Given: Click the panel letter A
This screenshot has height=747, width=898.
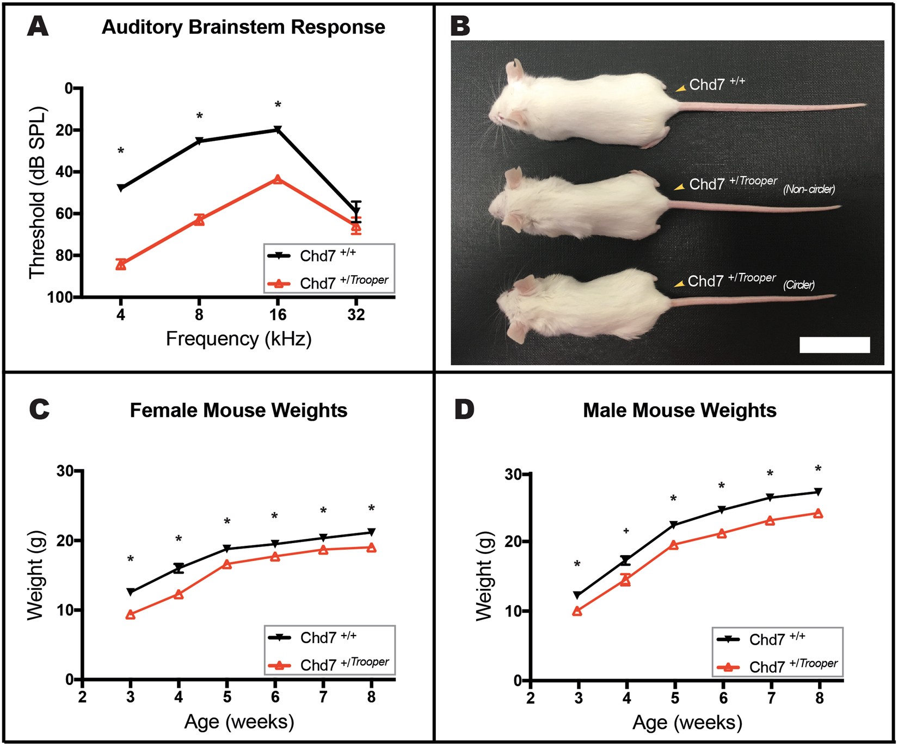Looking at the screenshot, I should [38, 26].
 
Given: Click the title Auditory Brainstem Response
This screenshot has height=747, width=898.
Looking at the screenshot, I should [243, 27].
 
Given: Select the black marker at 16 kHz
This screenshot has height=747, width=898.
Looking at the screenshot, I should [278, 129].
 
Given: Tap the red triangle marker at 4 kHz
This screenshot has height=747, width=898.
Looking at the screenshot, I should [121, 265].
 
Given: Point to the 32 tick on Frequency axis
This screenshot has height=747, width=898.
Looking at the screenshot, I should [356, 315].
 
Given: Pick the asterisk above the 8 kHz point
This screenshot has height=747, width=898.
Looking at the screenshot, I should [200, 116].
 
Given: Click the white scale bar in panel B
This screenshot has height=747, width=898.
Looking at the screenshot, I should [834, 345].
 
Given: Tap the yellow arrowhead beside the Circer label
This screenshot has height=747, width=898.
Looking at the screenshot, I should [679, 284].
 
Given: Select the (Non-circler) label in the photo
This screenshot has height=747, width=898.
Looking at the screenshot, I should [809, 189].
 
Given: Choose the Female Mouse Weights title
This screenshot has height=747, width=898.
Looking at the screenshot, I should [238, 410].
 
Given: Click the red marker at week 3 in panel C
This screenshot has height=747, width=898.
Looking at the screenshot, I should [131, 615].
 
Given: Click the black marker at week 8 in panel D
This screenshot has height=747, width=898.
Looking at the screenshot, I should [818, 492].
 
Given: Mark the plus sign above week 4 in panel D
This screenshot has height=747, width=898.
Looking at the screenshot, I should [626, 531].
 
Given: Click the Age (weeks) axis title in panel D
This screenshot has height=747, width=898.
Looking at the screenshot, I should [687, 723].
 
